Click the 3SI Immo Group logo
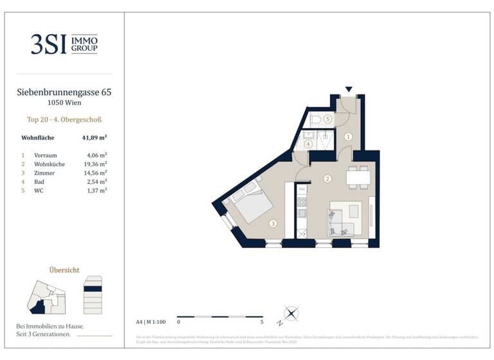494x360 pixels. pyautogui.click(x=64, y=44)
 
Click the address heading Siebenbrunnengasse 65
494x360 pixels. pyautogui.click(x=64, y=93)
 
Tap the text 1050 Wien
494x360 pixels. pyautogui.click(x=64, y=103)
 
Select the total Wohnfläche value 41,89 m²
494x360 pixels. pyautogui.click(x=94, y=137)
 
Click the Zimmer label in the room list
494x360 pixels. pyautogui.click(x=43, y=173)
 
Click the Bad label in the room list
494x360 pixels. pyautogui.click(x=39, y=181)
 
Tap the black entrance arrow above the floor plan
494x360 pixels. pyautogui.click(x=349, y=90)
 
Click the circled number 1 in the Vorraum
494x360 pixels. pyautogui.click(x=348, y=136)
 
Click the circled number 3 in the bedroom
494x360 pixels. pyautogui.click(x=273, y=224)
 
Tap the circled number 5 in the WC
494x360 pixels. pyautogui.click(x=327, y=119)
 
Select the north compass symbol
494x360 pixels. pyautogui.click(x=291, y=314)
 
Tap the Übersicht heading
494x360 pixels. pyautogui.click(x=64, y=270)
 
